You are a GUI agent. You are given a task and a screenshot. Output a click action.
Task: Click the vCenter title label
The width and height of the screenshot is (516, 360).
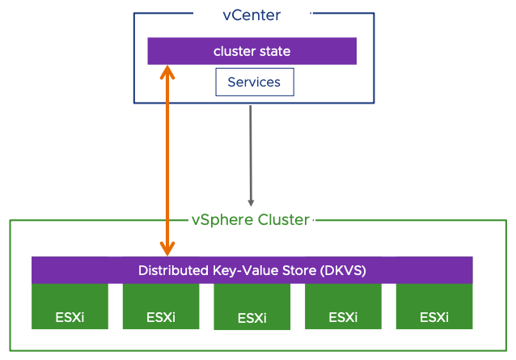251,15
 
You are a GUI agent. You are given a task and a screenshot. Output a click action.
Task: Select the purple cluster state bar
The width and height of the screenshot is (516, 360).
252,52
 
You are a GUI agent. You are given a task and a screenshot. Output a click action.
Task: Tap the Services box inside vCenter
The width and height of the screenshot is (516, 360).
254,83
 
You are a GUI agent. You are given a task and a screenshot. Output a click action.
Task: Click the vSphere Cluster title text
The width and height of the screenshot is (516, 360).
250,219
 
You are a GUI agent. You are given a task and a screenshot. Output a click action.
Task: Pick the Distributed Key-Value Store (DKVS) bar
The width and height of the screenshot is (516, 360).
252,270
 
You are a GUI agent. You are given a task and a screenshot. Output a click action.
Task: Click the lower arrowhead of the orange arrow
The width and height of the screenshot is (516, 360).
167,248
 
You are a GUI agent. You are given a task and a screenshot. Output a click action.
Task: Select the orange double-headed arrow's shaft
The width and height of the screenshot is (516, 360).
167,162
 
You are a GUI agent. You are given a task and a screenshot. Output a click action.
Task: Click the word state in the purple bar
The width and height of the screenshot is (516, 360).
274,52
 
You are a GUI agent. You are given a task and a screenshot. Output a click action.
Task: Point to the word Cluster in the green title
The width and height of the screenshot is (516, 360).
283,219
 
